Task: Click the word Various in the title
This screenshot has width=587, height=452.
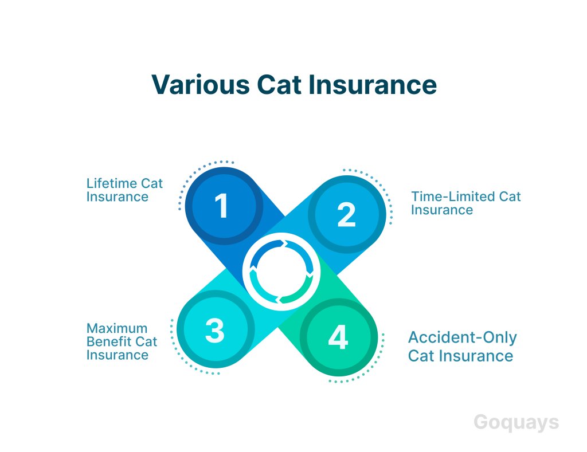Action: click(201, 85)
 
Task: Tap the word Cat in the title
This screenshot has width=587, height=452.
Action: click(279, 85)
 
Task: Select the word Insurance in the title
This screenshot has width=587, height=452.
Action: click(373, 85)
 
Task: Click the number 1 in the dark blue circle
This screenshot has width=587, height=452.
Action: click(222, 206)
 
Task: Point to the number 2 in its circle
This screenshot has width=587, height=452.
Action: click(346, 214)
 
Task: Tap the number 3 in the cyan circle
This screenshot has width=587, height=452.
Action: click(214, 330)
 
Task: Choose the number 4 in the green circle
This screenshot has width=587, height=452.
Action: click(338, 337)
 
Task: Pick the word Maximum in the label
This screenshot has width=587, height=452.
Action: click(117, 328)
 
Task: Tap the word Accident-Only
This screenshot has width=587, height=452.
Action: click(463, 337)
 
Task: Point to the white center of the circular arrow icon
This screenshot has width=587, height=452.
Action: click(281, 272)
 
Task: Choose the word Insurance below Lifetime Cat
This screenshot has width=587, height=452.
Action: click(117, 197)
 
